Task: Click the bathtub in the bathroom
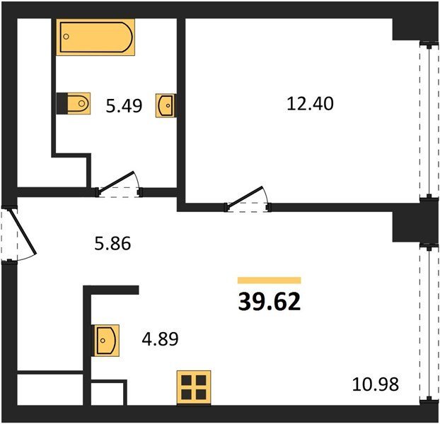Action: [x=95, y=37]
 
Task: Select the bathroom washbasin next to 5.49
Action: [x=166, y=105]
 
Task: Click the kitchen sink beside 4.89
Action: [x=106, y=341]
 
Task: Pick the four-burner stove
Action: [x=194, y=387]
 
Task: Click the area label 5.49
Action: [x=124, y=106]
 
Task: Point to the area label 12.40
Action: [x=310, y=103]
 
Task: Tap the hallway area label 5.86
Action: [x=112, y=243]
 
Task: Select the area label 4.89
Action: [x=160, y=338]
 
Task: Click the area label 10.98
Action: [x=375, y=384]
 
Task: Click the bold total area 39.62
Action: [x=269, y=302]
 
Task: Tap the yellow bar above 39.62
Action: [x=269, y=281]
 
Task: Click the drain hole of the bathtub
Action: [x=66, y=37]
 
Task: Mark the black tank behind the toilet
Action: [x=62, y=103]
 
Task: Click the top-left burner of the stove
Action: [x=186, y=381]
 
